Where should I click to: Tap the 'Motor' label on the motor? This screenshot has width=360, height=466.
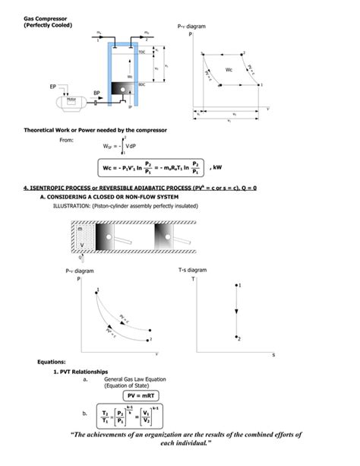(72, 99)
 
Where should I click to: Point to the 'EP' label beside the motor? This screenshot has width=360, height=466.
(52, 87)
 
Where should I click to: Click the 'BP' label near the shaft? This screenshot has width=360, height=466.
(96, 93)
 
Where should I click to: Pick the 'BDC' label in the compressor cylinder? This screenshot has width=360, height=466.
(141, 85)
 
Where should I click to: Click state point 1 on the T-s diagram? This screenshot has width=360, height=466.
(238, 287)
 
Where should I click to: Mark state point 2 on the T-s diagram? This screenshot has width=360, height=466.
(238, 337)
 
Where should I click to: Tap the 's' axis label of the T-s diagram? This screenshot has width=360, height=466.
(273, 355)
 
